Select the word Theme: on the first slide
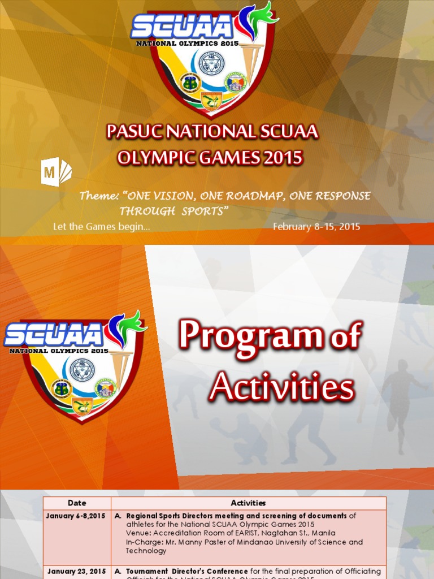99,196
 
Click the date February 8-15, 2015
316,227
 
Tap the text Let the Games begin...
101,227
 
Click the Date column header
77,503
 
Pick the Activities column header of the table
248,503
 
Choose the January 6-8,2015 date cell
77,516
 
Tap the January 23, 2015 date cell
76,571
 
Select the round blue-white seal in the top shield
211,63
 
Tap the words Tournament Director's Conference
186,571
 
